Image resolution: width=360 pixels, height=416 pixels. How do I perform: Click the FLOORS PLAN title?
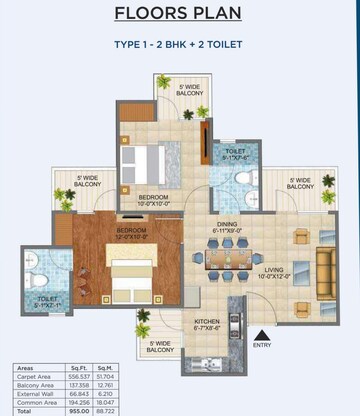[x=181, y=14]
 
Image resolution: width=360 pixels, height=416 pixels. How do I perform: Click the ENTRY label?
[x=262, y=345]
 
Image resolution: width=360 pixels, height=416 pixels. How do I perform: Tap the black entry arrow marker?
[x=262, y=334]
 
